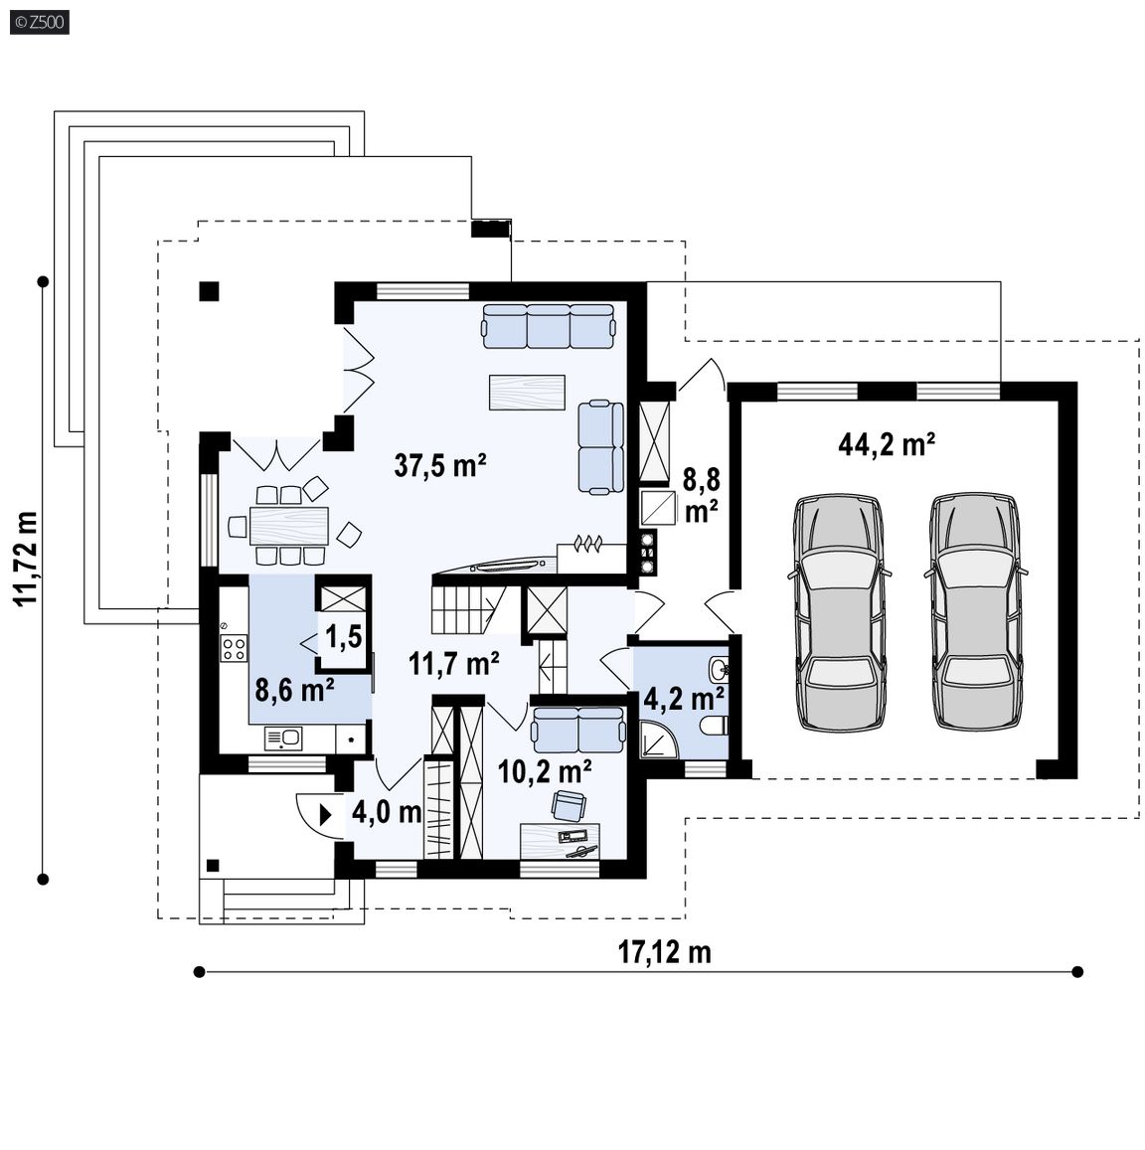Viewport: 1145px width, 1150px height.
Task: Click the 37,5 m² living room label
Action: (440, 465)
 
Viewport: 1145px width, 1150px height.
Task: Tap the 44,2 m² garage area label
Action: (886, 444)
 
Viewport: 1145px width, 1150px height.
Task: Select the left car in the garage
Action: (839, 611)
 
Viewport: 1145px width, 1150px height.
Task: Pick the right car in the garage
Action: (976, 611)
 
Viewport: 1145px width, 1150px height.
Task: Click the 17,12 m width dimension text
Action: (665, 952)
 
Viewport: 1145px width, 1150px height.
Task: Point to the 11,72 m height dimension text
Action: (27, 558)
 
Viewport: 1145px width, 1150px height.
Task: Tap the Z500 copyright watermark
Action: (40, 22)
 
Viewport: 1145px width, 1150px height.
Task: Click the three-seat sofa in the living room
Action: (548, 326)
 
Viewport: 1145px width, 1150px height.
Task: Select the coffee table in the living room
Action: (527, 393)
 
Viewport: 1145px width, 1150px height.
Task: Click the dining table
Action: (288, 525)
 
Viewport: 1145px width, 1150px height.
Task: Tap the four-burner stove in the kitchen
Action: (234, 648)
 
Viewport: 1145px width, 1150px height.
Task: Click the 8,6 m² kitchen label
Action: (295, 690)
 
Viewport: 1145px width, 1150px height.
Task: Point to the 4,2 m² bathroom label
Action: (684, 698)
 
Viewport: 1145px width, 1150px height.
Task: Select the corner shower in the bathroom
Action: (659, 739)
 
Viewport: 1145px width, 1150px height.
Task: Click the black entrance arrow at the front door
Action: (326, 814)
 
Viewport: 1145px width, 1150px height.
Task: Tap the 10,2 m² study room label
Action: (545, 771)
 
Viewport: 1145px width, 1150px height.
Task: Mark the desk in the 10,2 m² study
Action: (560, 841)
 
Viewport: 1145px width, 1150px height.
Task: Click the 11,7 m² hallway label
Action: (454, 664)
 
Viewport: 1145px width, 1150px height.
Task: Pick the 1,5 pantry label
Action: (343, 636)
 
